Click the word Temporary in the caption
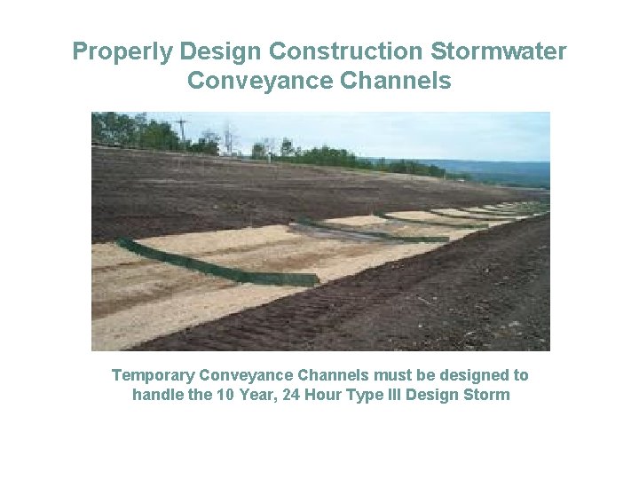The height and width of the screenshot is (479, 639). tap(154, 375)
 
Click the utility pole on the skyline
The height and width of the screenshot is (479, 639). tap(182, 130)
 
